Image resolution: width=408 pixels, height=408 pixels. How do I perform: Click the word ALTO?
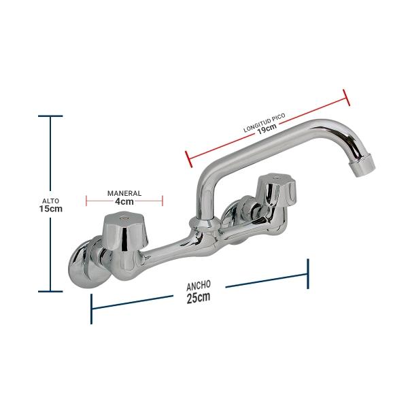(51, 201)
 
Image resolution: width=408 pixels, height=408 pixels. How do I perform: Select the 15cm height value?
(51, 209)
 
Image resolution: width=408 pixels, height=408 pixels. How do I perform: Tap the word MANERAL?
(124, 193)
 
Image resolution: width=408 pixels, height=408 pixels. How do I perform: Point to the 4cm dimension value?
(124, 201)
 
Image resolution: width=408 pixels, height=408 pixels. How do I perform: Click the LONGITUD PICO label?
(265, 122)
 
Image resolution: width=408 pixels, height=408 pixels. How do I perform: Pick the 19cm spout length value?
(267, 129)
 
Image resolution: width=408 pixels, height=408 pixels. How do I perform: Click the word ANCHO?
(199, 286)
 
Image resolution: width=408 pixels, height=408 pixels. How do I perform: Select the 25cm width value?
(199, 297)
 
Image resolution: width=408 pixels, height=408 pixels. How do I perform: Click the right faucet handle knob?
(276, 188)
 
